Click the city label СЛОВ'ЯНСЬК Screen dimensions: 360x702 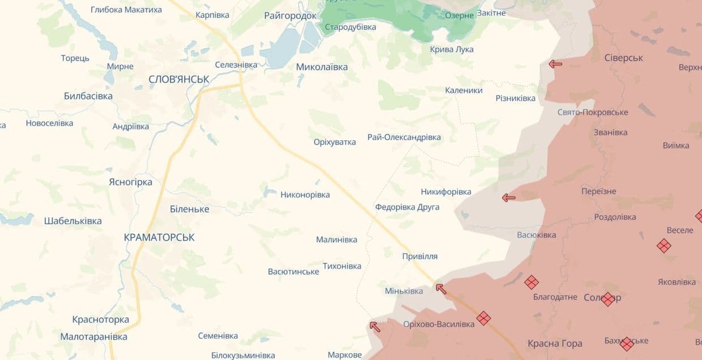[x=179, y=79]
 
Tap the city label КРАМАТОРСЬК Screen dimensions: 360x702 [x=159, y=238]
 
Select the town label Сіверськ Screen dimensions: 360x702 [x=624, y=58]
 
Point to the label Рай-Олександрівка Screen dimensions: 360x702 [x=404, y=137]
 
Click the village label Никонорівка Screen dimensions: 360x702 [x=305, y=195]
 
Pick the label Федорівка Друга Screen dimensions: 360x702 [x=407, y=207]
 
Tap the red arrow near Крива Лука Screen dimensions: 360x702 [x=555, y=64]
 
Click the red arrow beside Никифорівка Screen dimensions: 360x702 [x=509, y=198]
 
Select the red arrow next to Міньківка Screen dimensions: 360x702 [x=441, y=289]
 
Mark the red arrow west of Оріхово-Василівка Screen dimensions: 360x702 [x=375, y=326]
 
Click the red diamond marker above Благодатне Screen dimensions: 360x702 [x=531, y=282]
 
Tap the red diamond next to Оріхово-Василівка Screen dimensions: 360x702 [x=483, y=318]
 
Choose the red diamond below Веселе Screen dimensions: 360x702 [x=664, y=246]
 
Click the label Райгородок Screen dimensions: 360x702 [x=290, y=15]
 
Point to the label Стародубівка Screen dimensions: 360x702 [x=350, y=27]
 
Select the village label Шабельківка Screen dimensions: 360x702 [x=73, y=221]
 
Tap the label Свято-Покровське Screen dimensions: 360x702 [x=593, y=112]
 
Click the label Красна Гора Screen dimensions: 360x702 [x=555, y=343]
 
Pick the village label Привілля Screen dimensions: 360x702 [x=420, y=256]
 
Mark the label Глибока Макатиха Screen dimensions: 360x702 [x=126, y=10]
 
